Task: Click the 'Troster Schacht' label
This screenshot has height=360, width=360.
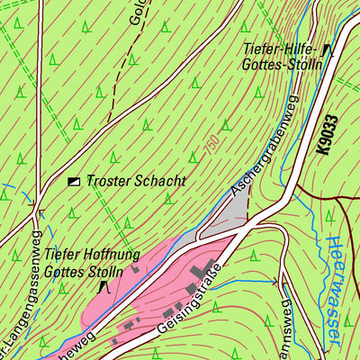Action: point(136,181)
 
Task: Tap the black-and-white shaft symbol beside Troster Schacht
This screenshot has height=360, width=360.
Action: point(74,181)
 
